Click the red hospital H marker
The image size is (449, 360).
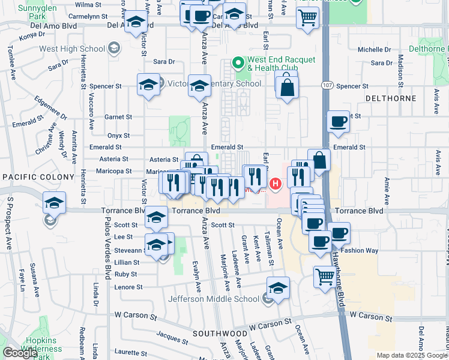pyautogui.click(x=276, y=184)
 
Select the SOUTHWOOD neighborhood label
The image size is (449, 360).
pyautogui.click(x=220, y=332)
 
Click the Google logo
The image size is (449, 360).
pyautogui.click(x=20, y=353)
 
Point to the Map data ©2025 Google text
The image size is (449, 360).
pyautogui.click(x=412, y=355)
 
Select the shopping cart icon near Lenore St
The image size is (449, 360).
pyautogui.click(x=325, y=277)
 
